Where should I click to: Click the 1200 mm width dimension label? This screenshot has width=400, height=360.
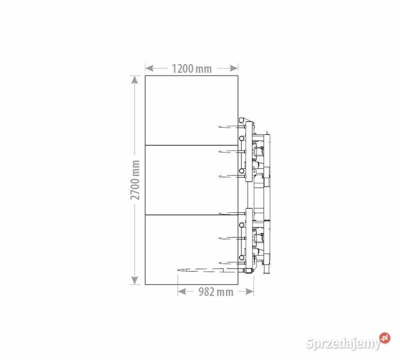191,68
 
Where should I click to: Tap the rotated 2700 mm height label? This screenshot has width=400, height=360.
135,180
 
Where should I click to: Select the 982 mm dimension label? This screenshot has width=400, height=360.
216,292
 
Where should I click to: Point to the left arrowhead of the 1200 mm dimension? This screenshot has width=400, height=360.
149,68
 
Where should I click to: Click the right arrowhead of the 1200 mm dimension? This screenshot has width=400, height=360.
234,68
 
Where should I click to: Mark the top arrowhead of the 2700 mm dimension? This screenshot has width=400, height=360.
134,80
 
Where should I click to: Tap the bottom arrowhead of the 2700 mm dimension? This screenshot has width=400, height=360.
134,280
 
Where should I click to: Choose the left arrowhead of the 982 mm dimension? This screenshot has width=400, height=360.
182,291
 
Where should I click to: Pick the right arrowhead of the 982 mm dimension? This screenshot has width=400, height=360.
249,291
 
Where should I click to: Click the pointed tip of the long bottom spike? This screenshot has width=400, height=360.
178,270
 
